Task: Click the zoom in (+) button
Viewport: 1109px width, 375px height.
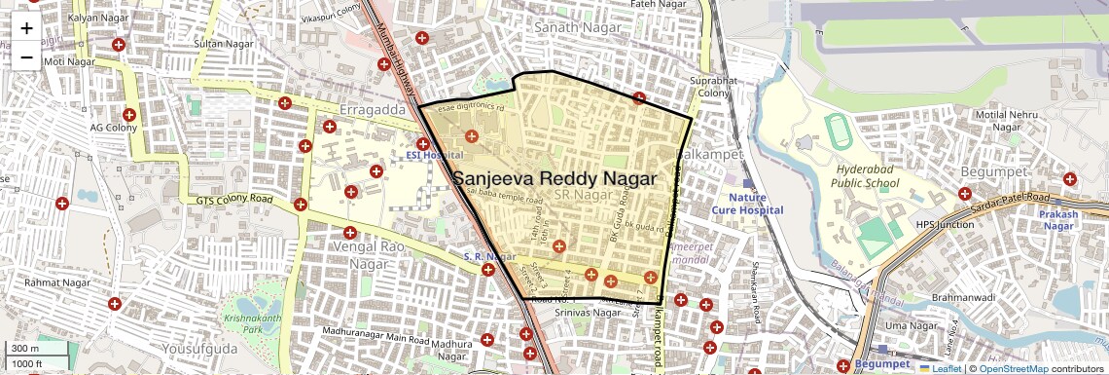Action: [26, 28]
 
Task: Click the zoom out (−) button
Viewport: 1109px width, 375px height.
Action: [26, 57]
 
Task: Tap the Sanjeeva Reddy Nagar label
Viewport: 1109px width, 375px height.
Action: [555, 179]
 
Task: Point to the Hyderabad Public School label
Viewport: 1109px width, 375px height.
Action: [868, 175]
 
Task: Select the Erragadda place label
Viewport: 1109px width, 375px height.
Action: [373, 110]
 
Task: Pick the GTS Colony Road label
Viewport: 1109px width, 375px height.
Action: [234, 201]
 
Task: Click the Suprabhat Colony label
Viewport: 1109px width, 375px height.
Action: [709, 86]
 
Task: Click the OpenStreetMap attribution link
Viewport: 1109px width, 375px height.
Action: [1013, 368]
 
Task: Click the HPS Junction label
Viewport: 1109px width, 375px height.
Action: [945, 225]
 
